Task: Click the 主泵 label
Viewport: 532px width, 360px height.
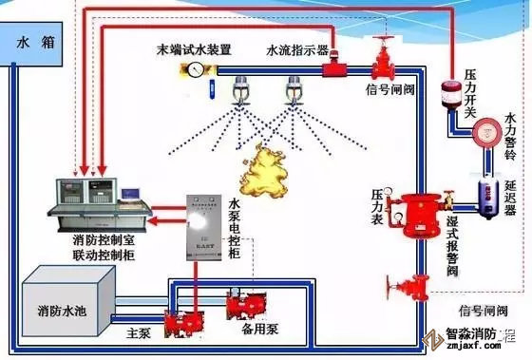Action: pos(139,332)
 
